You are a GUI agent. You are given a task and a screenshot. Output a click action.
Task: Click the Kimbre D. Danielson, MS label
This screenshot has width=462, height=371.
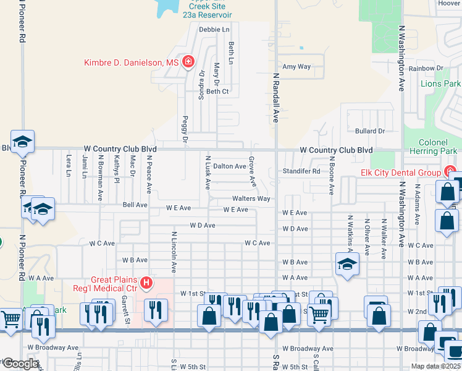tap(132, 62)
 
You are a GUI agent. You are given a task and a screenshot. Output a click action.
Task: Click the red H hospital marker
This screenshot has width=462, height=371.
tap(146, 284)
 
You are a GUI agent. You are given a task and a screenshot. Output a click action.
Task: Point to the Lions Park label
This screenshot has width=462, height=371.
tap(440, 83)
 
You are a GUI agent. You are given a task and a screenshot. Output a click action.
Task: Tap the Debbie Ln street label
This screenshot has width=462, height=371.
tap(214, 29)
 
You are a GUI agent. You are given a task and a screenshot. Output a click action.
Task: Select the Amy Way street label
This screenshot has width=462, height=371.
tap(296, 67)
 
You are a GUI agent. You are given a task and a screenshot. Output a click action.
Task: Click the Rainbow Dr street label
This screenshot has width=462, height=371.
tap(426, 68)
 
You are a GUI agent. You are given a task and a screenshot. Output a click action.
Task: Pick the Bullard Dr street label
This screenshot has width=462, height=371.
tap(370, 131)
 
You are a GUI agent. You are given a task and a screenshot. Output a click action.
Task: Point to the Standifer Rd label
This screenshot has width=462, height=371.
tap(301, 171)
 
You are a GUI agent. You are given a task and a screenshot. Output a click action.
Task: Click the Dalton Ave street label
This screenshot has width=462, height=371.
tap(229, 166)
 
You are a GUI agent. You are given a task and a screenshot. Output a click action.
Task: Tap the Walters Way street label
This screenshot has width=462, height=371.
tap(251, 198)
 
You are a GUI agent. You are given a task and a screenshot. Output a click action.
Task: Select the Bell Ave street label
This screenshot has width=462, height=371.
tap(135, 205)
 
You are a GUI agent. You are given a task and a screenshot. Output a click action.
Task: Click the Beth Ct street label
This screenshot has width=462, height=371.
tap(217, 92)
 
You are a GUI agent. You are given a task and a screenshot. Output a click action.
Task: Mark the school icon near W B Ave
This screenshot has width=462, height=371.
tap(347, 263)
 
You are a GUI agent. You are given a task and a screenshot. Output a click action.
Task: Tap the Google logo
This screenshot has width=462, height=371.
tap(20, 364)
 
